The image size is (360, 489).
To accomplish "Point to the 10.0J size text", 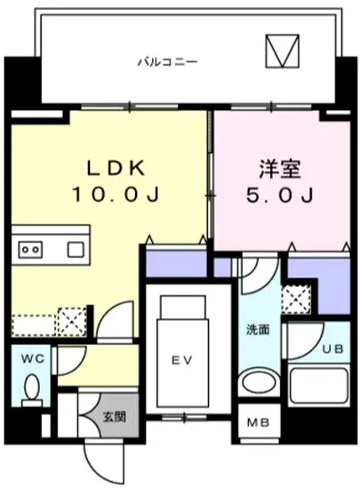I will pos(115,193).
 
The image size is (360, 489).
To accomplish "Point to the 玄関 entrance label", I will pos(113,415).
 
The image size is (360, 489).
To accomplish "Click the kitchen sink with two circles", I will pos(32,249).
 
